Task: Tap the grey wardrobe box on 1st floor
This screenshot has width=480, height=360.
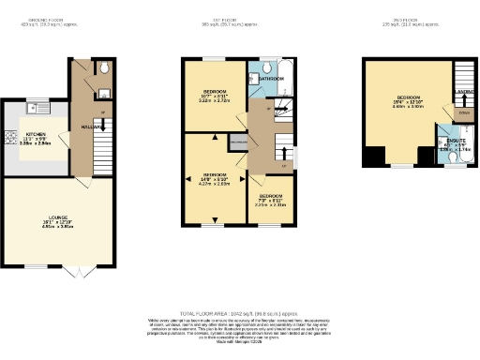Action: click(x=238, y=142)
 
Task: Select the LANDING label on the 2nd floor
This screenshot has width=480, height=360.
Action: click(x=464, y=91)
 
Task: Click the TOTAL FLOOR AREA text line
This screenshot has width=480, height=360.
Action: click(x=239, y=312)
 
